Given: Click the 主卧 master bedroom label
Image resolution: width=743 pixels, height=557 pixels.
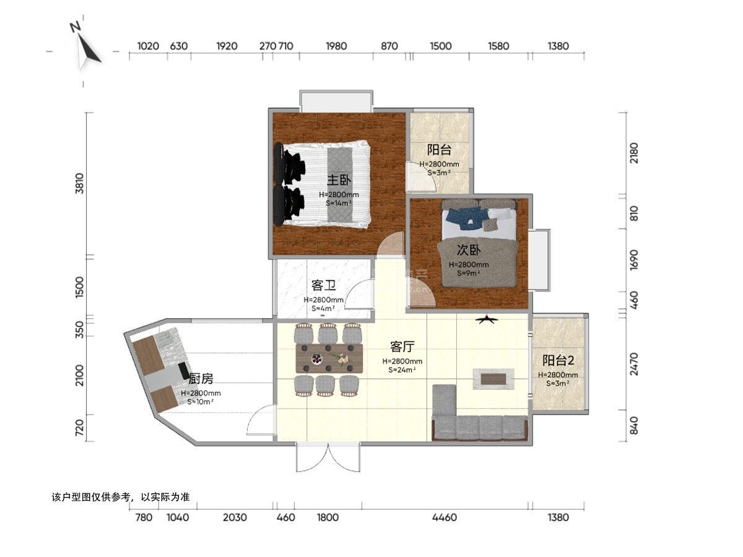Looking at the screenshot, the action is tap(339, 180).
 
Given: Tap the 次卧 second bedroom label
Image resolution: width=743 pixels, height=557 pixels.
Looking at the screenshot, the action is tap(469, 250).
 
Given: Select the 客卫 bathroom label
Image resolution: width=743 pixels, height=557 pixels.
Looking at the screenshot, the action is tap(324, 286).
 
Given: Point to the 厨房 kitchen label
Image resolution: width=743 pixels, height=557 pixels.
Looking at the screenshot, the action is tap(201, 379).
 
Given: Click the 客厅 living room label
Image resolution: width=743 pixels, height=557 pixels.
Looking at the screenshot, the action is tap(402, 347).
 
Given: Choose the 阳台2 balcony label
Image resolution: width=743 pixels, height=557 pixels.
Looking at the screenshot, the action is tap(558, 361).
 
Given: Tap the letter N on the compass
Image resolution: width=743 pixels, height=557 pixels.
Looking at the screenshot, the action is tap(75, 27).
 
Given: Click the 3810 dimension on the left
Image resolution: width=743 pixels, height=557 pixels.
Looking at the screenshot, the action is tap(79, 183).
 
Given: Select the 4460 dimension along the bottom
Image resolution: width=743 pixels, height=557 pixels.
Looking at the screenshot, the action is tap(445, 517).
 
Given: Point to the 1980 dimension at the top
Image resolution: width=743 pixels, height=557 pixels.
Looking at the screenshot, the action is tap(336, 46).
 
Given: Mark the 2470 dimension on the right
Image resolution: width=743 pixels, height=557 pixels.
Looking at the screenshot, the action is tap(634, 365).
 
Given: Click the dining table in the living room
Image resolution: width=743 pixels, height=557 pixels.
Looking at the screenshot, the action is tap(329, 358).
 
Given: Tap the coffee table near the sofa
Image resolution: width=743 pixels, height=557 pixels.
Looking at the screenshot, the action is tap(493, 379).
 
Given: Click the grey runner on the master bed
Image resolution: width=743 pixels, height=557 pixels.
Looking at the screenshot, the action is tap(340, 184).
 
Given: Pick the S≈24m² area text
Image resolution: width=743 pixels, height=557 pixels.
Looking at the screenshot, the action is tap(402, 370).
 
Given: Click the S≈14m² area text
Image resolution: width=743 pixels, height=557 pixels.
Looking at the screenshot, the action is tap(339, 203).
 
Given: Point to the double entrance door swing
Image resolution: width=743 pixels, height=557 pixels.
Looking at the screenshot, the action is tap(328, 457).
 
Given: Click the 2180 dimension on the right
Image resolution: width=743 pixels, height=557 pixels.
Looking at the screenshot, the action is tap(634, 153).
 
